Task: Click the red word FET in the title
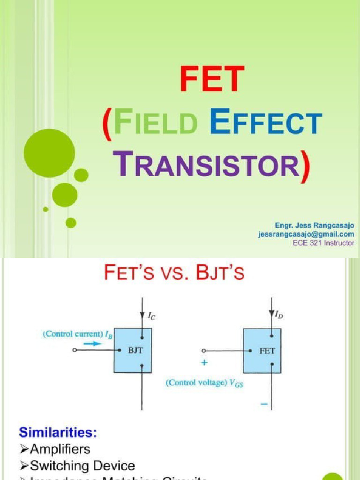pyautogui.click(x=212, y=79)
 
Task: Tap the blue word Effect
pyautogui.click(x=266, y=123)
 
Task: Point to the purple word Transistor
pyautogui.click(x=209, y=165)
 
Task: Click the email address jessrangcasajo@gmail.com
pyautogui.click(x=306, y=234)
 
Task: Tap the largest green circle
pyautogui.click(x=49, y=153)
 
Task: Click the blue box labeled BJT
pyautogui.click(x=133, y=350)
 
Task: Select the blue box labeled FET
pyautogui.click(x=262, y=350)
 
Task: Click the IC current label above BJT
pyautogui.click(x=152, y=317)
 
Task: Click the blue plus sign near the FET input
pyautogui.click(x=204, y=362)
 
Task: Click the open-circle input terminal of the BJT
pyautogui.click(x=75, y=350)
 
